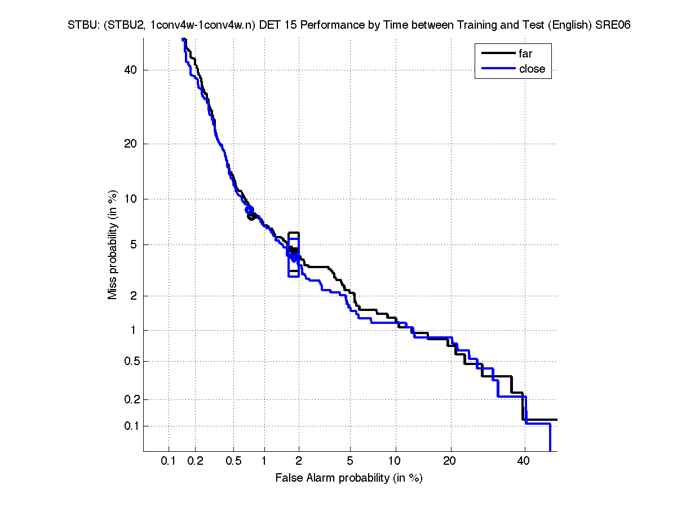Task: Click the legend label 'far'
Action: click(x=525, y=54)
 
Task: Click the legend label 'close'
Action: click(x=532, y=69)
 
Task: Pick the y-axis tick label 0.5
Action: click(x=129, y=361)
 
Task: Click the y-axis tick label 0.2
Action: click(x=129, y=399)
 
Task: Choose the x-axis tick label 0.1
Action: click(x=169, y=461)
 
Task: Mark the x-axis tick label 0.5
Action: click(x=233, y=461)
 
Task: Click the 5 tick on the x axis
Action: click(x=350, y=461)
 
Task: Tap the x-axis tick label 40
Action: click(x=524, y=461)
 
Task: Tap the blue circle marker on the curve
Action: click(x=249, y=210)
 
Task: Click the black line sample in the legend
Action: click(x=498, y=54)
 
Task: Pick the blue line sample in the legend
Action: click(x=498, y=69)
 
